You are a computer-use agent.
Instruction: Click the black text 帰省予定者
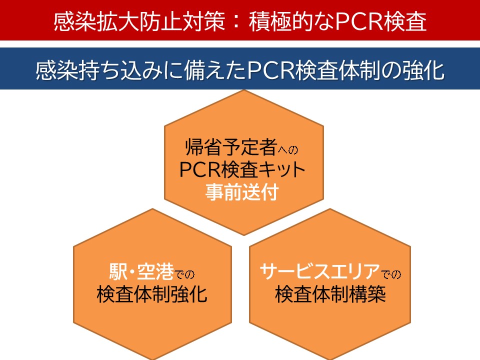click(x=231, y=147)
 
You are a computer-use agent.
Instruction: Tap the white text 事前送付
click(x=242, y=192)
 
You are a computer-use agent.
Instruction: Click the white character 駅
click(x=118, y=272)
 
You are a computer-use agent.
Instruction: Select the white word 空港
click(x=155, y=272)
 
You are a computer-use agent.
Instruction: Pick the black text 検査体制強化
click(x=152, y=294)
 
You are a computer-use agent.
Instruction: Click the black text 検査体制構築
click(x=330, y=294)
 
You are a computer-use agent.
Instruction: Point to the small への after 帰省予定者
click(x=288, y=150)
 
